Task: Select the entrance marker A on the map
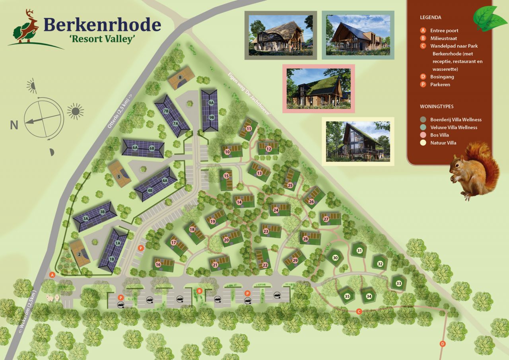tap(52, 274)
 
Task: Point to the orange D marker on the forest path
tap(442, 344)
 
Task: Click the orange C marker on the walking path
tap(359, 311)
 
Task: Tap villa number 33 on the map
tap(398, 283)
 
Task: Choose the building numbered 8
tap(180, 78)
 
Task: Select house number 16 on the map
tap(158, 265)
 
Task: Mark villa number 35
tap(347, 296)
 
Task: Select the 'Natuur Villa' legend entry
tap(443, 143)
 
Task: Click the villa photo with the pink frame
tap(319, 89)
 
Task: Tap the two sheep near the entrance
tap(53, 298)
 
